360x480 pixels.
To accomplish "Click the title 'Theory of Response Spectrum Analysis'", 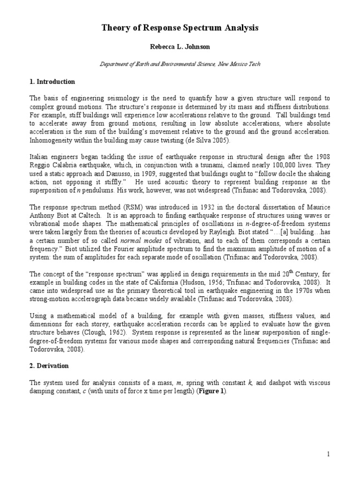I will click(180, 29).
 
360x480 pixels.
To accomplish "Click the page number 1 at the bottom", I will click(329, 454).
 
